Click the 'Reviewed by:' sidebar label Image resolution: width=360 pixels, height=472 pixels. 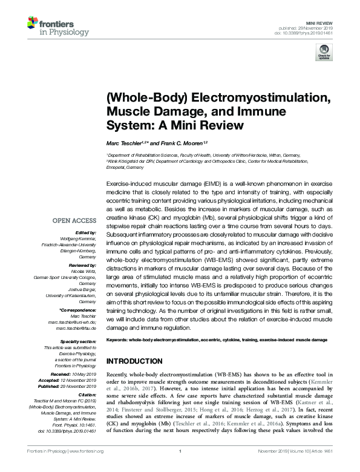pos(81,265)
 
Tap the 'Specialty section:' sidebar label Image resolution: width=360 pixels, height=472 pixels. pos(77,341)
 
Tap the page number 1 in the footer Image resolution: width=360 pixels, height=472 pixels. pos(180,467)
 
